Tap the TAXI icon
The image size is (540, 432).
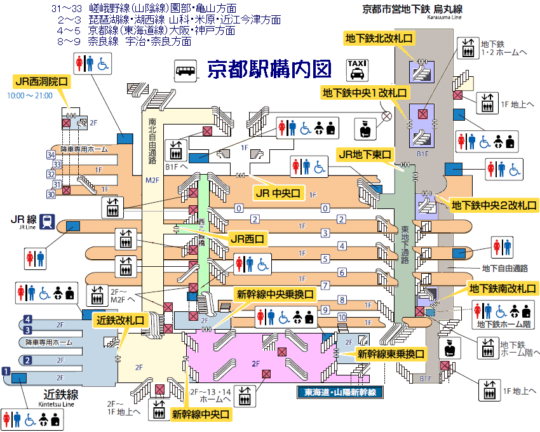click(356, 69)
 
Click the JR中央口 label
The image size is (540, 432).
click(278, 193)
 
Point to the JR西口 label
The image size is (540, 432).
click(247, 239)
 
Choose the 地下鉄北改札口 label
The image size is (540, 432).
click(379, 38)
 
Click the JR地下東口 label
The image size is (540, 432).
click(365, 154)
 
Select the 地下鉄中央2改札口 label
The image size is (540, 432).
click(494, 205)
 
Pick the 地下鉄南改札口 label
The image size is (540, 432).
click(503, 288)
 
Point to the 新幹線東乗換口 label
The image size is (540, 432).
click(390, 353)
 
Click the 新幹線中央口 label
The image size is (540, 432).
click(200, 414)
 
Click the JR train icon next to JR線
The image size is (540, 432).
click(46, 221)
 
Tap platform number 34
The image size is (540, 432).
click(51, 154)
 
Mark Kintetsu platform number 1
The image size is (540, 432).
click(7, 371)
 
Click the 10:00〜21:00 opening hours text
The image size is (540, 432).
click(30, 96)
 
